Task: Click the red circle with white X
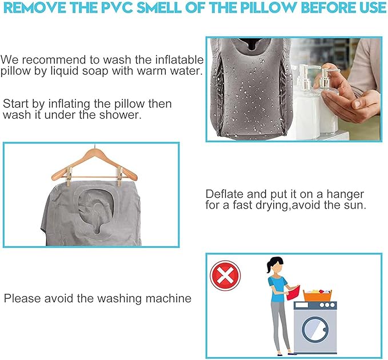pyautogui.click(x=225, y=275)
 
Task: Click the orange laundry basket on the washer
pyautogui.click(x=318, y=295)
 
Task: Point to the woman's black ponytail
pyautogui.click(x=269, y=267)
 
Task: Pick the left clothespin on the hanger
pyautogui.click(x=70, y=175)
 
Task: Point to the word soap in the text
pyautogui.click(x=95, y=71)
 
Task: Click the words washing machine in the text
pyautogui.click(x=144, y=298)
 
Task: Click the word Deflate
pyautogui.click(x=225, y=194)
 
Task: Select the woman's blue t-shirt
pyautogui.click(x=277, y=289)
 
